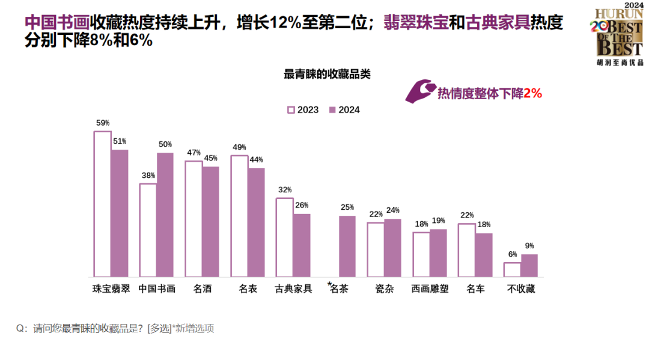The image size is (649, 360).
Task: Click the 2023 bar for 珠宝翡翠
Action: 102,204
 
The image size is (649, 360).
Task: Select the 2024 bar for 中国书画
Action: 165,215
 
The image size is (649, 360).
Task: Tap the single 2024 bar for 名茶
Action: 347,246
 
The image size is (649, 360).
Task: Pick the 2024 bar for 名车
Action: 484,255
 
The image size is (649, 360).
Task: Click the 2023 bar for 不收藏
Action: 512,269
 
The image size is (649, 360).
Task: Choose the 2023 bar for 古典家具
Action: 284,237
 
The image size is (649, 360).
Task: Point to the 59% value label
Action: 103,123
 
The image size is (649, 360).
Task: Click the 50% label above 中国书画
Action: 165,144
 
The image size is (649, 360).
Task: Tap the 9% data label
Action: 529,246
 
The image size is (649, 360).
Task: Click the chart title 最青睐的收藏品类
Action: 327,75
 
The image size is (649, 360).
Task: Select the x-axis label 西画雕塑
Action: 430,289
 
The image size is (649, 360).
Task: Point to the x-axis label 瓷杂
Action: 385,289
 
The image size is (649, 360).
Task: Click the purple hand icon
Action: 419,91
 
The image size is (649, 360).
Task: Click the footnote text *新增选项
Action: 193,328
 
